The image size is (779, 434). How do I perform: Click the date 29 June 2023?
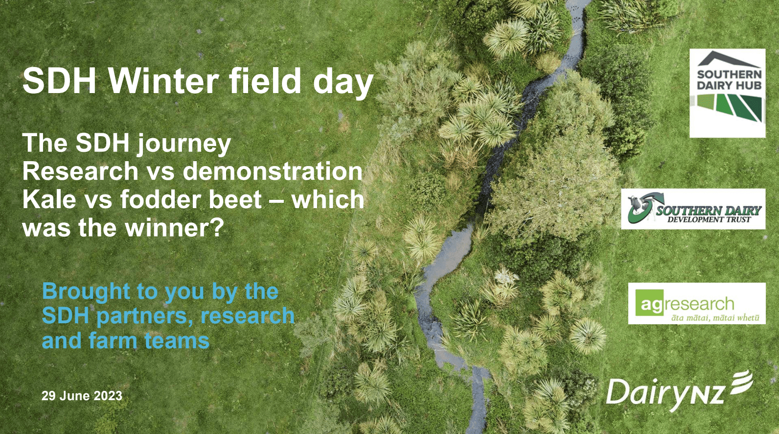82,396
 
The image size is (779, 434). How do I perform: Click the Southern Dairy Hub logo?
728,93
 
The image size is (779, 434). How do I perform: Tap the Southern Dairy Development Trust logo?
693,209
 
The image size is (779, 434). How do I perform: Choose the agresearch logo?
697,304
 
